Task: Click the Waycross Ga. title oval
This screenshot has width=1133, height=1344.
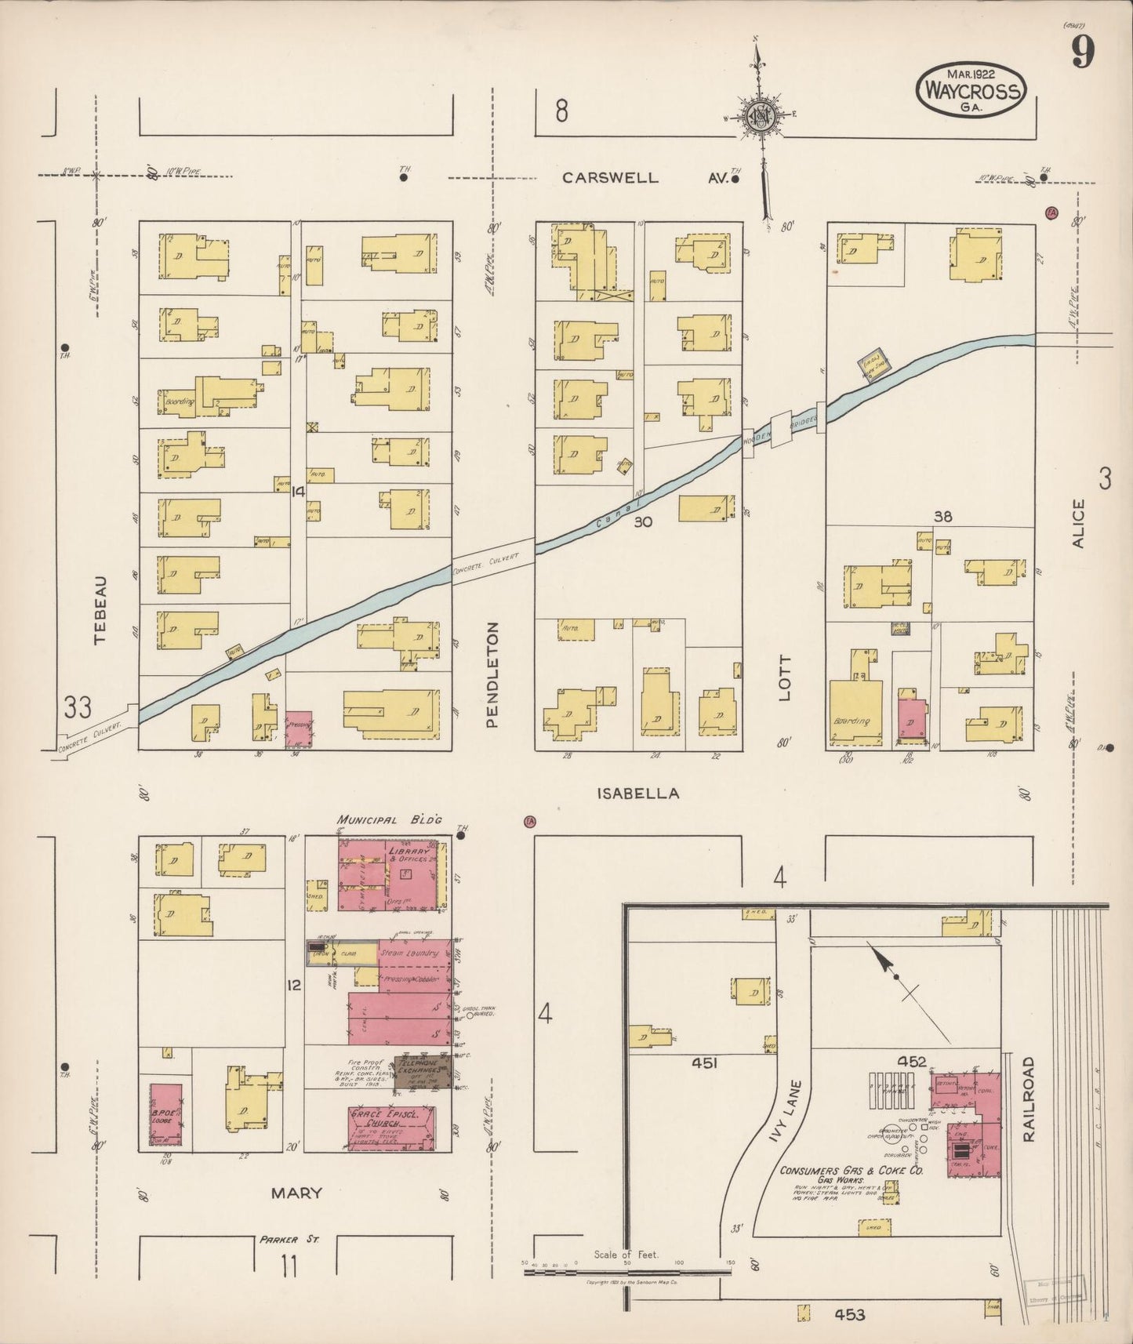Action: (x=971, y=91)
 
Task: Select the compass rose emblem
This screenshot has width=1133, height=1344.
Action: (x=760, y=116)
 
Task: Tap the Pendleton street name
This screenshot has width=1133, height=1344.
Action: (x=492, y=674)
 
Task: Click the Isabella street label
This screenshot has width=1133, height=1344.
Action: (x=637, y=794)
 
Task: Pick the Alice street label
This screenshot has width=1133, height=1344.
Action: (x=1079, y=523)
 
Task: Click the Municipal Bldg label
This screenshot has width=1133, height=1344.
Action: (x=390, y=819)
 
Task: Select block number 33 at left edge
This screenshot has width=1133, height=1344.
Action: (x=78, y=708)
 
